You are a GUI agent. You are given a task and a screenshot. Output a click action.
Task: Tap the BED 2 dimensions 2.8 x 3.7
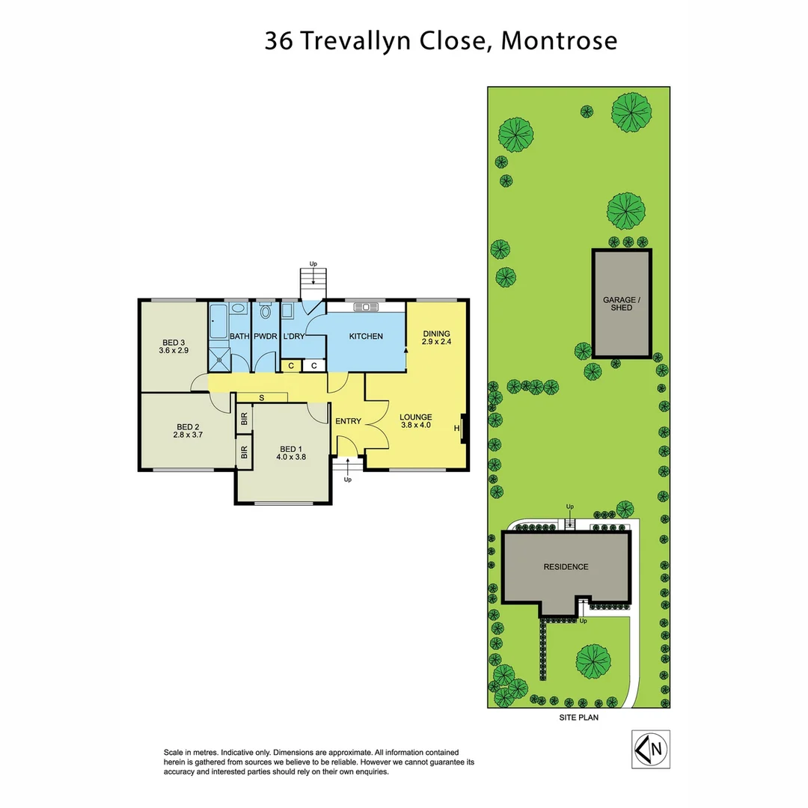188,433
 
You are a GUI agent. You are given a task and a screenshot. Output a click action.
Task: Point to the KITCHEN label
366,337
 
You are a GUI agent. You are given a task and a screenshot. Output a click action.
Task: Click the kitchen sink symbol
367,306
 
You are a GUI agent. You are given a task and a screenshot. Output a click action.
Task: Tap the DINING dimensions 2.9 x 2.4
436,342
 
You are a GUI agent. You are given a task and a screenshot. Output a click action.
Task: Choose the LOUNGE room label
415,417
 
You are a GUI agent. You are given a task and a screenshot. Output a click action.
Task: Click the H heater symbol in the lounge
456,428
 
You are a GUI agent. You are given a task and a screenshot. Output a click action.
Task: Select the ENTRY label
348,421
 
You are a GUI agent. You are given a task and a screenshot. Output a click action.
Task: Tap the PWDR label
266,337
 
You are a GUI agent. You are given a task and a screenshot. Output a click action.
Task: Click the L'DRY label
293,337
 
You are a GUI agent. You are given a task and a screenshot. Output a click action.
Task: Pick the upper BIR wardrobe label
244,418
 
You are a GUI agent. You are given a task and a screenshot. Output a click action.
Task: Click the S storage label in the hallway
261,397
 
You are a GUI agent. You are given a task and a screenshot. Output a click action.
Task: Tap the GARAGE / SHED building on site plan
622,303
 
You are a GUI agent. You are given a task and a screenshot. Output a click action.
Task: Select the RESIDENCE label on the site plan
566,566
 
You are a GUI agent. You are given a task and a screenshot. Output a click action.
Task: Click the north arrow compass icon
650,748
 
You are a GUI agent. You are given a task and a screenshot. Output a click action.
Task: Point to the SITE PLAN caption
578,717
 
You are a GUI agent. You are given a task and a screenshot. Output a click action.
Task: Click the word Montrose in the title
559,40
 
